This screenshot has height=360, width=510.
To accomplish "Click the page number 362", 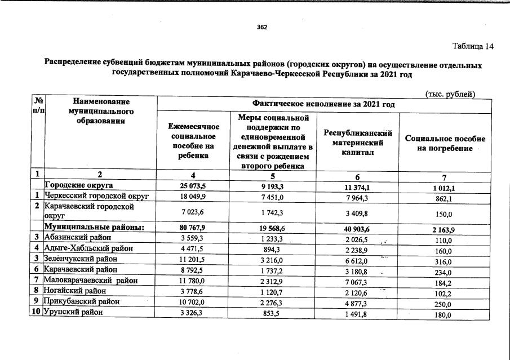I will pos(261,27).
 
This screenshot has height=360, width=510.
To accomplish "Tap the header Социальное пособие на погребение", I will pos(444,143).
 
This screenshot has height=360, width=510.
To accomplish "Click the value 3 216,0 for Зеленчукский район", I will pos(273,260).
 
